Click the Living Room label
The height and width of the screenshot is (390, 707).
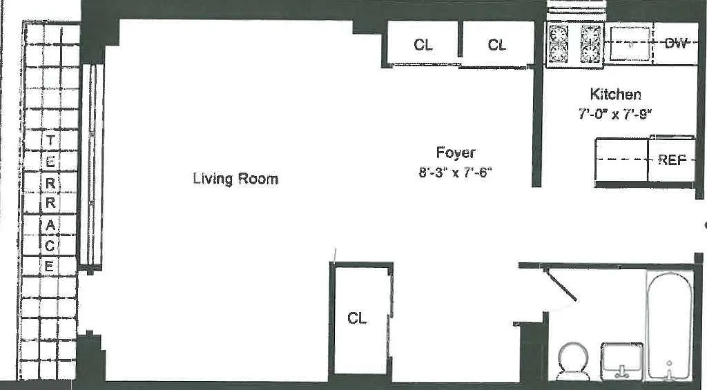point(235,179)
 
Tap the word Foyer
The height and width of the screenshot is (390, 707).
point(456,153)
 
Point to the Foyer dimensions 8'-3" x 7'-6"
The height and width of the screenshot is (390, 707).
point(454,173)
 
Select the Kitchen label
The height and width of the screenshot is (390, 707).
point(615,95)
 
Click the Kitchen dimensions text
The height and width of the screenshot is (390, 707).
point(615,114)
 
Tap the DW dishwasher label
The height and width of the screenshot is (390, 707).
point(676,43)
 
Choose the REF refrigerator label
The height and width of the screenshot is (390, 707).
point(672,159)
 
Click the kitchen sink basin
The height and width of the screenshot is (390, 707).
point(630,43)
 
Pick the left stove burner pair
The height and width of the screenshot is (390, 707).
point(558,43)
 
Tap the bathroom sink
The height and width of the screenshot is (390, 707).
point(622,361)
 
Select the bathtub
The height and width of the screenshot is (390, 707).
point(670,324)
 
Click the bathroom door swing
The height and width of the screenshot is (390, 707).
point(560,284)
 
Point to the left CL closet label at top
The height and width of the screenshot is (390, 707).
point(423,45)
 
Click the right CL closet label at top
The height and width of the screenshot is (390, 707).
point(497,45)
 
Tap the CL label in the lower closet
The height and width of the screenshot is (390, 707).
point(357,318)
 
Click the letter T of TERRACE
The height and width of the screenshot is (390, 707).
point(50,141)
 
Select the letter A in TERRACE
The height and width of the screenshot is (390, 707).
point(50,226)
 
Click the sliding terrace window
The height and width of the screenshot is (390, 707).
point(92,165)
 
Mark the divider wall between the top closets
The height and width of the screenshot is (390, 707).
point(460,39)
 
